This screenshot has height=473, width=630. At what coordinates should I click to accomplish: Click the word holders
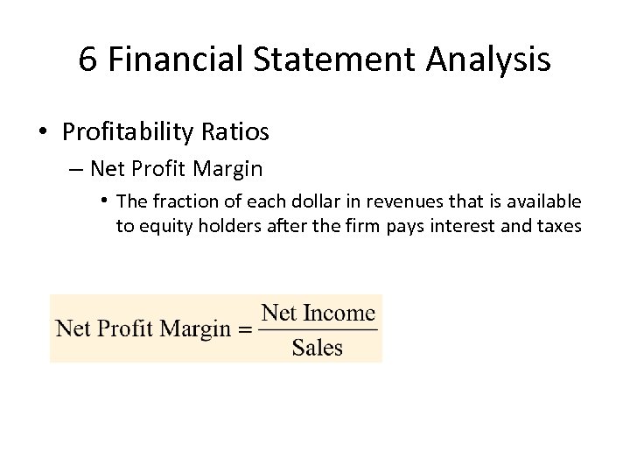tap(224, 226)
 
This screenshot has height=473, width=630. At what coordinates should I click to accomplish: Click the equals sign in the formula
tap(245, 330)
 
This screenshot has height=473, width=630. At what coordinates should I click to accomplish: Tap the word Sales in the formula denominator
tap(318, 348)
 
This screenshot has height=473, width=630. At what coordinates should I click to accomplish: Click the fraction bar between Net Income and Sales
tap(318, 330)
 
